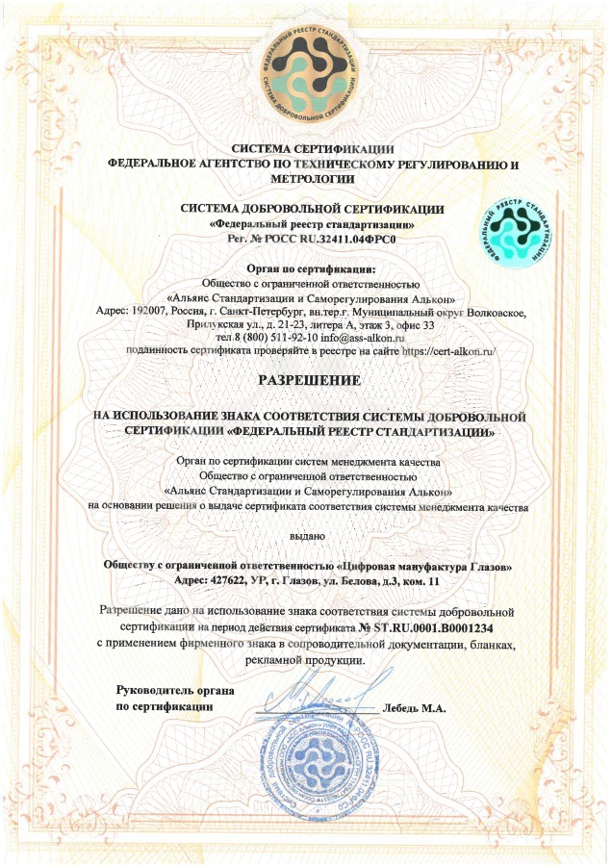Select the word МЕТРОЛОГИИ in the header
coord(307,179)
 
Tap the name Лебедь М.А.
coord(415,709)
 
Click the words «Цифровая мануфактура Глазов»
coord(434,565)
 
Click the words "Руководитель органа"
coord(175,691)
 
